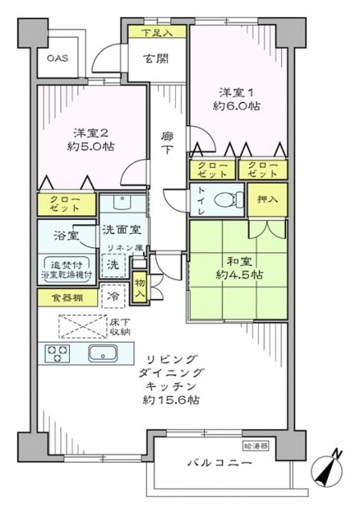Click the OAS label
(x=56, y=58)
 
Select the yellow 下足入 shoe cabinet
(x=157, y=32)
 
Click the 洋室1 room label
(x=236, y=91)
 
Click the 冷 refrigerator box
(x=115, y=295)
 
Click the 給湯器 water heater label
(x=256, y=443)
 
